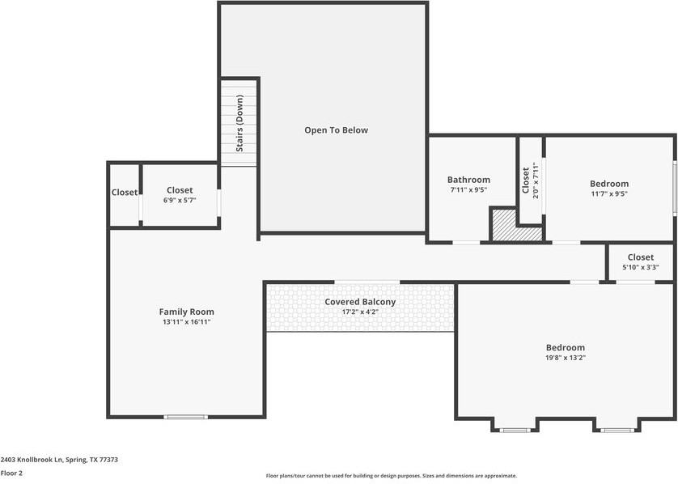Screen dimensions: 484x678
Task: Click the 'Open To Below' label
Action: click(x=336, y=129)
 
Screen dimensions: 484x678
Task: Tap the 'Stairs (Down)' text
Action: click(x=240, y=123)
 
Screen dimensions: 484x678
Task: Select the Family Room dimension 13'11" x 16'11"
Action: click(x=186, y=322)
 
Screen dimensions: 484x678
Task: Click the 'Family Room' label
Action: click(x=186, y=312)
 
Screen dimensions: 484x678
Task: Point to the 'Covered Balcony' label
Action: click(x=360, y=302)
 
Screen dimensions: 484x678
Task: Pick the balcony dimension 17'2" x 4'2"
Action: click(x=360, y=312)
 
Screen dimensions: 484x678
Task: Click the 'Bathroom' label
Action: click(x=468, y=180)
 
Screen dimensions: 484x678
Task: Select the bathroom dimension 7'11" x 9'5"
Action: click(x=468, y=190)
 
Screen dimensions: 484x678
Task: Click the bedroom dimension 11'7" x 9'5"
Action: click(x=608, y=194)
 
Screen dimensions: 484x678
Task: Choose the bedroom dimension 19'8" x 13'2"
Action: click(x=565, y=358)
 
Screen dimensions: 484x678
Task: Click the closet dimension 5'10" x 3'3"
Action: click(x=640, y=268)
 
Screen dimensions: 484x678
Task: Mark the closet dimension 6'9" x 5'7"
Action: click(x=179, y=201)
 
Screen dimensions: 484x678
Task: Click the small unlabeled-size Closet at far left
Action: click(x=125, y=193)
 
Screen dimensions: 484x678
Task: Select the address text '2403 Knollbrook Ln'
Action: click(x=32, y=460)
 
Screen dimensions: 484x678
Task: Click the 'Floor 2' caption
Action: click(x=11, y=473)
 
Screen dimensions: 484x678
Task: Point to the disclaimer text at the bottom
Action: click(x=391, y=476)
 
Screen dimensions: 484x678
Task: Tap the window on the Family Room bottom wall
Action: click(x=185, y=417)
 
